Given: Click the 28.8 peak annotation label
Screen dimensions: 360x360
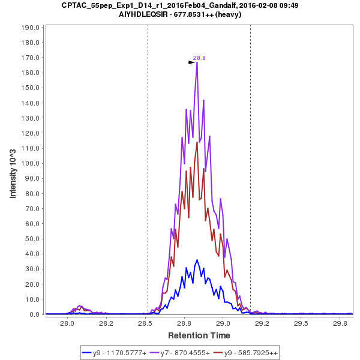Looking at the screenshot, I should [x=199, y=58].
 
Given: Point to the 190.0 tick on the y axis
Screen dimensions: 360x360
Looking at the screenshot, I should [x=30, y=28].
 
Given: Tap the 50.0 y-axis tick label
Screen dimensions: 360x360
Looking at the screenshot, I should [x=32, y=239].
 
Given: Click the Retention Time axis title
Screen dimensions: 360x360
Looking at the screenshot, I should [x=199, y=335].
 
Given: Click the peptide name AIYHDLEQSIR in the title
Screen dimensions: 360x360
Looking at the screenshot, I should [x=155, y=14].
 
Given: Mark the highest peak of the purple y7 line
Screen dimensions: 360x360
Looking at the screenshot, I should [x=197, y=63].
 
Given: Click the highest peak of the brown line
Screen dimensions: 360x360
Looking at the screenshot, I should [x=197, y=142].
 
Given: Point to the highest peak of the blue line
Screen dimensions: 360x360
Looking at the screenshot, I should [x=197, y=260].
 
